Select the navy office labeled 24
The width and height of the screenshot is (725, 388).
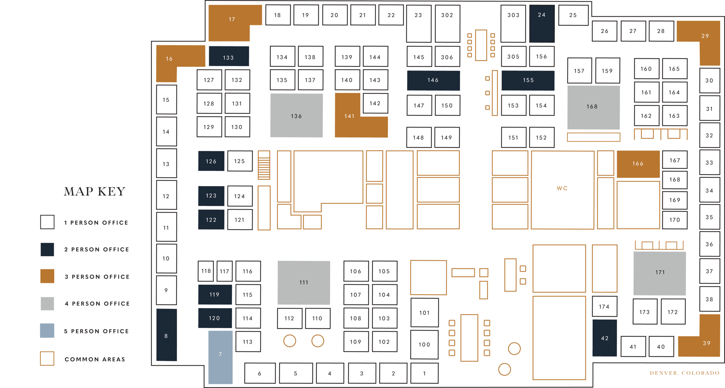point(542,24)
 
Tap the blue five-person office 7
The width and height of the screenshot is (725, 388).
point(220,357)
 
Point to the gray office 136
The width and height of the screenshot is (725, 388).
point(296,115)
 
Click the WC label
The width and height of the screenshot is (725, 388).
point(562,188)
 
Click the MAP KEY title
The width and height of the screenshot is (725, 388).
point(95,191)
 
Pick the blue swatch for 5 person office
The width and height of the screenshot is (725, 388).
point(47,330)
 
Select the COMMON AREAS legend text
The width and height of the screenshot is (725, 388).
point(95,359)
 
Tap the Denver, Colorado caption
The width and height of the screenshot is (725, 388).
point(684,373)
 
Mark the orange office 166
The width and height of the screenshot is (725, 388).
point(638,164)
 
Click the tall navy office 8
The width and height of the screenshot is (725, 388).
point(166,335)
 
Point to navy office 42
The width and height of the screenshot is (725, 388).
point(605,338)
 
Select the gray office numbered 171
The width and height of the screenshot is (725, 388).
point(660,273)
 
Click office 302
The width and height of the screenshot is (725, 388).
point(447,24)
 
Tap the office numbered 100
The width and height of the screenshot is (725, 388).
point(424,344)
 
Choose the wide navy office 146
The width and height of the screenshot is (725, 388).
point(433,80)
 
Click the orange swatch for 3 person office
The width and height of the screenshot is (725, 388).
point(47,276)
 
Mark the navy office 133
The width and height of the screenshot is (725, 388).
point(229,56)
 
